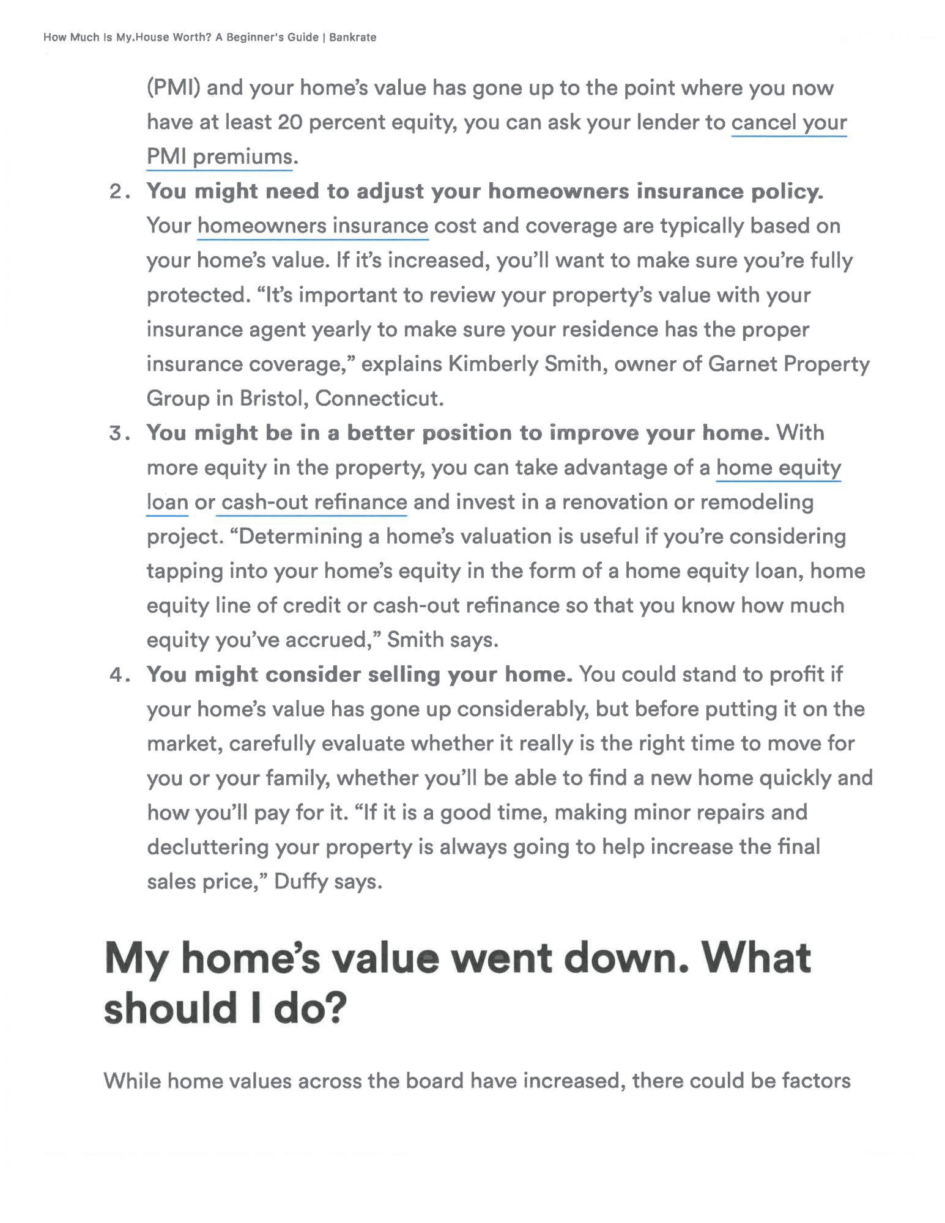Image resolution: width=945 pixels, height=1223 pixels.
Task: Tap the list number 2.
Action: [117, 192]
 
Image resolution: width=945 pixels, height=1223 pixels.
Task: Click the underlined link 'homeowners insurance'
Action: [313, 226]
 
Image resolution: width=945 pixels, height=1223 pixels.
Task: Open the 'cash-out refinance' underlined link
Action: [314, 502]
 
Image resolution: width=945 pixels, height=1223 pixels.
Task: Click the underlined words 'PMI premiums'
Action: [220, 157]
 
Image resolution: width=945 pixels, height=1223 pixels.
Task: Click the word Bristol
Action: [273, 399]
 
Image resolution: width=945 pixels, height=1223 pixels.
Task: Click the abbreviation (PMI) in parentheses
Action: [174, 88]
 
